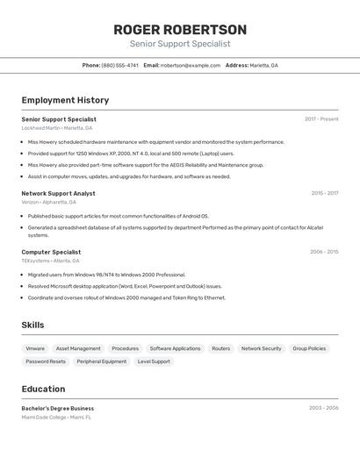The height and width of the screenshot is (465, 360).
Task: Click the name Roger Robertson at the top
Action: (x=180, y=30)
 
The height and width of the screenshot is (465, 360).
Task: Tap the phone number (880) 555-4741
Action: (x=119, y=65)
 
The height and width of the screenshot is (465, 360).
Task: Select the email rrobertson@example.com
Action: (x=191, y=65)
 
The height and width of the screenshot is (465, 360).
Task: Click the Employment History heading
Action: (x=65, y=100)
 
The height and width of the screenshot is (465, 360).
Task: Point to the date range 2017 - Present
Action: (x=321, y=119)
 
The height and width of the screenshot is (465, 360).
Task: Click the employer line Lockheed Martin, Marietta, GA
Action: (x=57, y=128)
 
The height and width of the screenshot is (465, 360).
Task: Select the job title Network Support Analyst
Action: (x=59, y=193)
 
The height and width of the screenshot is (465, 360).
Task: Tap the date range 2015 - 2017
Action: (x=324, y=193)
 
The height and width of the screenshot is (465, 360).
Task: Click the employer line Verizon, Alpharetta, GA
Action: (x=49, y=202)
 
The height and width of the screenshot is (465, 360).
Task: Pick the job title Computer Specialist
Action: (x=51, y=252)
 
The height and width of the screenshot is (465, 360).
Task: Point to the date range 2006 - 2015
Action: (x=323, y=252)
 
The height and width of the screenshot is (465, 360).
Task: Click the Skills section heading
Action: (x=32, y=325)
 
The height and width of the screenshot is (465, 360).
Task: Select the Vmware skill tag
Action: (x=35, y=348)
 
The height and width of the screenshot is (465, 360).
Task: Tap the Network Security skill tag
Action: (x=262, y=348)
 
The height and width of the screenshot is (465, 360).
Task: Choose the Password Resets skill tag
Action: (x=46, y=361)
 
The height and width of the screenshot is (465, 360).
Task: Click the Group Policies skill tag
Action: (x=309, y=348)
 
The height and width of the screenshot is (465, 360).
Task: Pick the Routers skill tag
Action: (x=221, y=348)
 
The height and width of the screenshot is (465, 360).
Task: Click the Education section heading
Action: (x=43, y=389)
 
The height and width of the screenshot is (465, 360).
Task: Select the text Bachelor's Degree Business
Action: (x=58, y=408)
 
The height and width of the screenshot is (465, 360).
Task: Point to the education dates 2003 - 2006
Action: (x=323, y=408)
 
